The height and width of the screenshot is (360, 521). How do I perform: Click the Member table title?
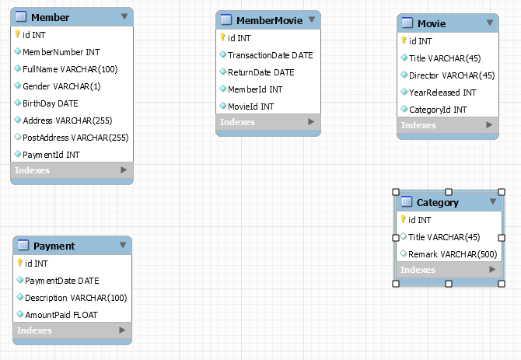(x=50, y=17)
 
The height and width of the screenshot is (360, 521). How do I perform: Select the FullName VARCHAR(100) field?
(x=70, y=69)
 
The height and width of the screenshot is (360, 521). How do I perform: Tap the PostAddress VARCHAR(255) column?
(x=75, y=138)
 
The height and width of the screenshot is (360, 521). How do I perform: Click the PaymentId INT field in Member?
(x=51, y=155)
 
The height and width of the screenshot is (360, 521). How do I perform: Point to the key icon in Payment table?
(x=19, y=264)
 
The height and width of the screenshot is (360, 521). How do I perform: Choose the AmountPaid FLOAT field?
(x=61, y=314)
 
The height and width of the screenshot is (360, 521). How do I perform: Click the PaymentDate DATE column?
(x=62, y=281)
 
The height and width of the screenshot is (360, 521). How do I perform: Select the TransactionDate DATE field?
(x=270, y=55)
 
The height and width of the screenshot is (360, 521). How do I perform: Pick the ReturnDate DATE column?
(x=260, y=72)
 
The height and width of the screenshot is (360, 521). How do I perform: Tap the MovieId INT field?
(x=250, y=106)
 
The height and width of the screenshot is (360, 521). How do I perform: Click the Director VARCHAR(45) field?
(x=452, y=75)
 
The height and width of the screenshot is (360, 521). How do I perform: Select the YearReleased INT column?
(x=442, y=93)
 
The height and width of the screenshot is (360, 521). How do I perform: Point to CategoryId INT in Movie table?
(x=438, y=110)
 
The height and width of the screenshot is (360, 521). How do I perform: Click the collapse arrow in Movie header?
(x=490, y=23)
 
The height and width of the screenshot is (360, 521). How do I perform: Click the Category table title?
(x=438, y=202)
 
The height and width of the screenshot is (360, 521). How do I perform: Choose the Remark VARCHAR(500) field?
(x=453, y=253)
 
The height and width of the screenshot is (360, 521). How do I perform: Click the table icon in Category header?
(x=406, y=202)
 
